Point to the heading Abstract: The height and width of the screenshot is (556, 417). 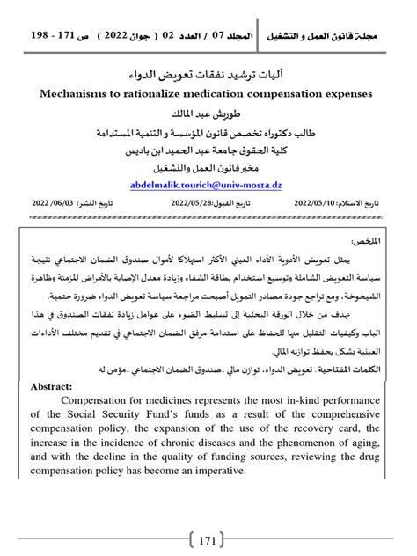click(56, 385)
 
